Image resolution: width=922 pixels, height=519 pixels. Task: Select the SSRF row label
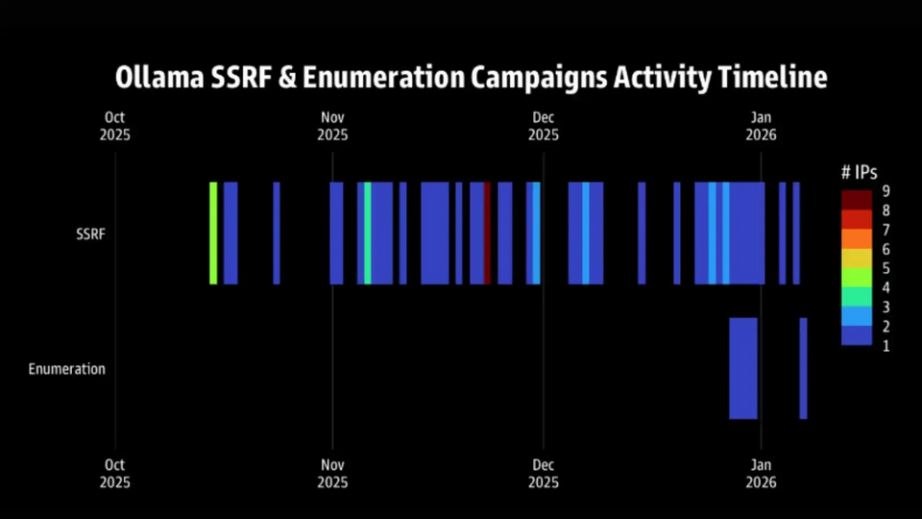tap(91, 234)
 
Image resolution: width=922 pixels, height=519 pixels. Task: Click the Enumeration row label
tap(66, 368)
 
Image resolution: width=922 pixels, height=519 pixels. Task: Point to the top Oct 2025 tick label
tap(115, 127)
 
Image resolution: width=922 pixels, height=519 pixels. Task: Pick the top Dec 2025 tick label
tap(544, 127)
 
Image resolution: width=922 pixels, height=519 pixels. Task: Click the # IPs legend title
tap(859, 172)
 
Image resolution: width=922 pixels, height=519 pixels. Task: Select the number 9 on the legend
tap(886, 190)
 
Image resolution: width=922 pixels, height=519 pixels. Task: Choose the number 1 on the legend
tap(886, 346)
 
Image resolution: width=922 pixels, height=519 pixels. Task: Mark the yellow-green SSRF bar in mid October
tap(213, 234)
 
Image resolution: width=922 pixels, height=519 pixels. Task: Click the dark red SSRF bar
tap(488, 234)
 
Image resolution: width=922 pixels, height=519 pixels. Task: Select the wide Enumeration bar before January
tap(743, 368)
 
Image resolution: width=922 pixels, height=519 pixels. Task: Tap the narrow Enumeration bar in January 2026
tap(803, 368)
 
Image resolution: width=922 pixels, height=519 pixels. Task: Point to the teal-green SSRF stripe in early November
tap(368, 234)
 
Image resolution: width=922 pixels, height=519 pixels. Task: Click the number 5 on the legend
tap(886, 268)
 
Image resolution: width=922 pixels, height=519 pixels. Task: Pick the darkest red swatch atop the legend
tap(857, 199)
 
